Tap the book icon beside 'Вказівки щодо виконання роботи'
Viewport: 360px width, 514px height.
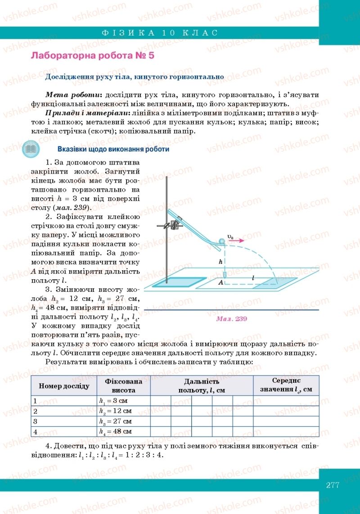coord(31,149)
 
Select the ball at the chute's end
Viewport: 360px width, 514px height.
coord(221,241)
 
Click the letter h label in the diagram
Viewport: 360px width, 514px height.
coord(220,261)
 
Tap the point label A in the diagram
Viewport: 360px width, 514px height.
coord(221,282)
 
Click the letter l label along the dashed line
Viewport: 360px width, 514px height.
coord(253,279)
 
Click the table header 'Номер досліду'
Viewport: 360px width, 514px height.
coord(64,386)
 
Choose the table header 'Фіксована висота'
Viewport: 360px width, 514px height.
coord(123,386)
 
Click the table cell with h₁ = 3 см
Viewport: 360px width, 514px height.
coord(123,401)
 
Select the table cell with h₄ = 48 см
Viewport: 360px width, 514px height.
coord(123,431)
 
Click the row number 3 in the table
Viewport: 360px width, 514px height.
coord(35,421)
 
